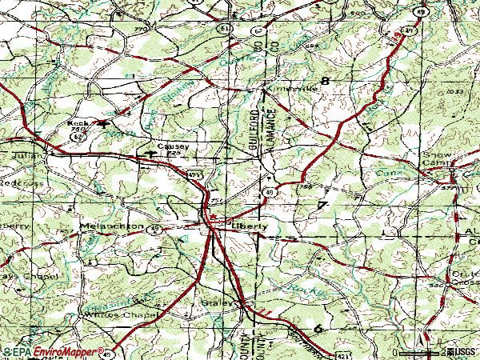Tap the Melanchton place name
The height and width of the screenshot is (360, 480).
tap(112, 226)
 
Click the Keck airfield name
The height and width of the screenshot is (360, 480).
tap(78, 123)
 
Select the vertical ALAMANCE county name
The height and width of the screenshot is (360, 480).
tap(272, 128)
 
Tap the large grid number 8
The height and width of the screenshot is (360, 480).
tap(325, 81)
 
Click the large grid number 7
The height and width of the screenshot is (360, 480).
tap(322, 206)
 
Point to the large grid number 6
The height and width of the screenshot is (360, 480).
tap(318, 328)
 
